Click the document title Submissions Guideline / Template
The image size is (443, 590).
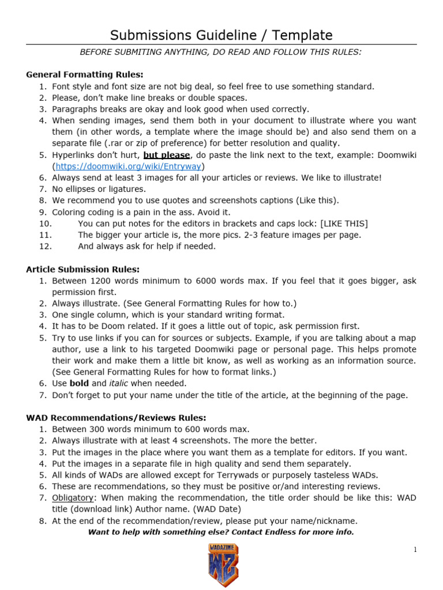(x=221, y=35)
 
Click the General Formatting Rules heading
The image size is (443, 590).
(x=85, y=75)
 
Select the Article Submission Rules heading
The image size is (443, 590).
(x=83, y=269)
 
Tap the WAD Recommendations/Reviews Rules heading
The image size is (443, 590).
(x=116, y=418)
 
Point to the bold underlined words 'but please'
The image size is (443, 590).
(x=167, y=155)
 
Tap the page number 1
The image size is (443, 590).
(x=415, y=550)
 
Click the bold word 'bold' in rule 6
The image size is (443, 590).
(x=80, y=384)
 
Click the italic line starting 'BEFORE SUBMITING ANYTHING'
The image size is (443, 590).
(x=221, y=52)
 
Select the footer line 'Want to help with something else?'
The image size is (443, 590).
(x=221, y=532)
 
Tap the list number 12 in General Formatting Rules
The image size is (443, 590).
(x=46, y=247)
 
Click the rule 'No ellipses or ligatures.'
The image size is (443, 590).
(x=99, y=189)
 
